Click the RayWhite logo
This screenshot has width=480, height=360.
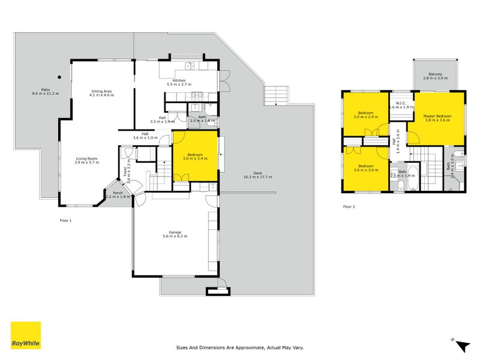pyautogui.click(x=26, y=335)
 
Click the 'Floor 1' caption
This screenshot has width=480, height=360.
pyautogui.click(x=65, y=220)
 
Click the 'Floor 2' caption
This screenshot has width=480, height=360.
pyautogui.click(x=349, y=206)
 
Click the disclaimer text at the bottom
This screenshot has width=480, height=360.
pyautogui.click(x=240, y=346)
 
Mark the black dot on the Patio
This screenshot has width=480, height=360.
pyautogui.click(x=59, y=77)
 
